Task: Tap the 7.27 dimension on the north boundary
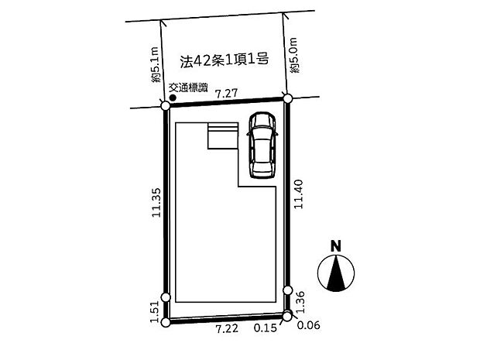point(227,94)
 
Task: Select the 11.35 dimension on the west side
point(156,202)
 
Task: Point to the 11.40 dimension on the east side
point(299,194)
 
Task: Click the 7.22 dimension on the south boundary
point(227,328)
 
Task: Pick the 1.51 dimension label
point(155,312)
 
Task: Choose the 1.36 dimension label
point(300,301)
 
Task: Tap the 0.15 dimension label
point(265,328)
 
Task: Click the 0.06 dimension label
point(309,325)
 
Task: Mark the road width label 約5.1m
point(156,64)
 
